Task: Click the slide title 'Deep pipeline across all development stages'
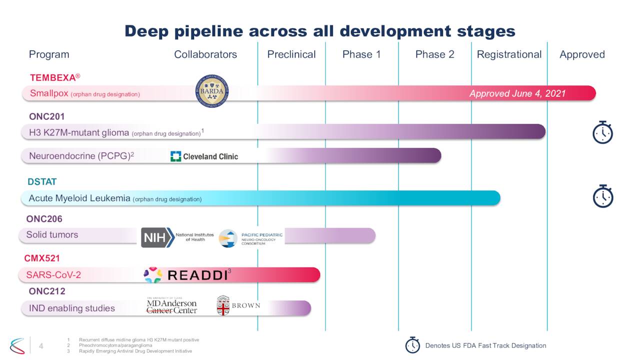(x=319, y=31)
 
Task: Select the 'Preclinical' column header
(x=291, y=54)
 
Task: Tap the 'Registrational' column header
(x=509, y=54)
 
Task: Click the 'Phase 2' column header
(x=434, y=54)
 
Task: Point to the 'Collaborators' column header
(x=205, y=54)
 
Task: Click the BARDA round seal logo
(x=211, y=91)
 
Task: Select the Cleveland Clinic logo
(x=204, y=156)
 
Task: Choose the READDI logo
(x=187, y=275)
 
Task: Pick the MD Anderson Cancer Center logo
(x=171, y=305)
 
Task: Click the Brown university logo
(x=238, y=305)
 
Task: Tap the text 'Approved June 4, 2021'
(x=517, y=94)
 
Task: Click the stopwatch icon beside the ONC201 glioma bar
(x=602, y=132)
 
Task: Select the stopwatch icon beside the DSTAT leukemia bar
(x=602, y=196)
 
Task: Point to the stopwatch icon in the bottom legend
(x=412, y=345)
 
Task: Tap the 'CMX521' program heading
(x=42, y=258)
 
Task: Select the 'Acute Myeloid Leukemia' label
(x=79, y=198)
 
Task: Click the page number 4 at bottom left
(x=41, y=346)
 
